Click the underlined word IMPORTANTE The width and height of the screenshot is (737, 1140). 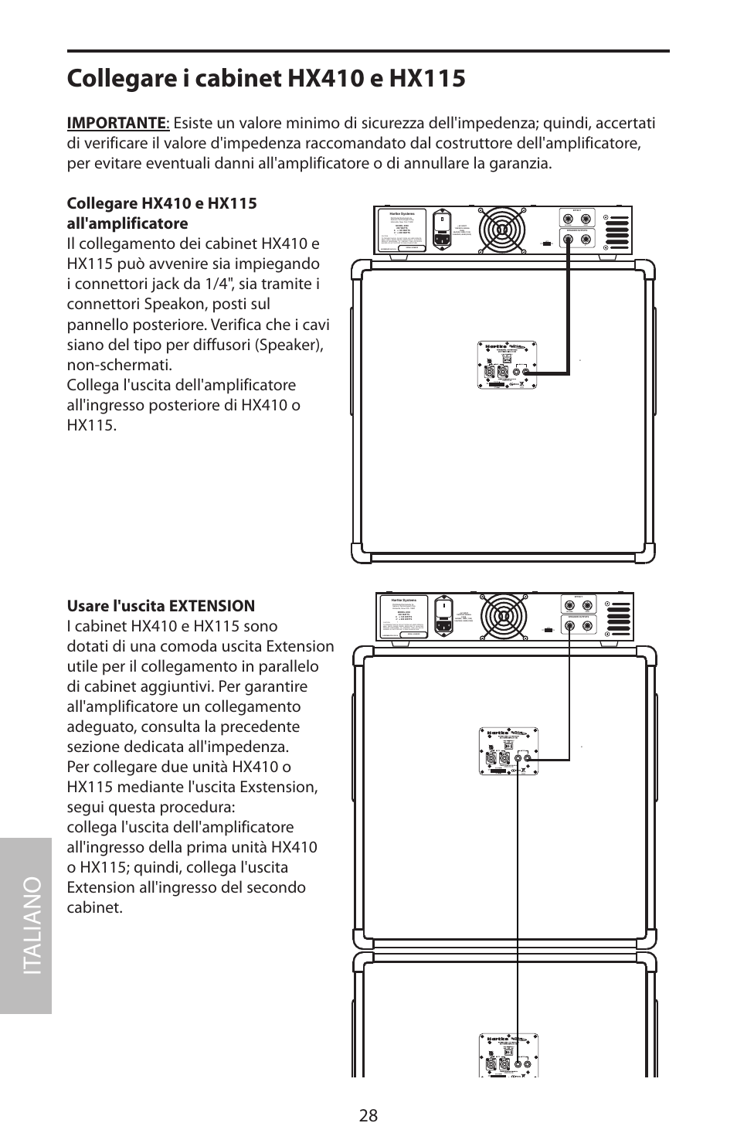[x=116, y=123]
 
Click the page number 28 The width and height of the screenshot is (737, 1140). [x=368, y=1114]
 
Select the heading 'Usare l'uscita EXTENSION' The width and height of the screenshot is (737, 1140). [x=161, y=605]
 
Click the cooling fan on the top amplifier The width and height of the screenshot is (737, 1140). [x=503, y=230]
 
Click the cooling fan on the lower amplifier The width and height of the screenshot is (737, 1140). [x=503, y=617]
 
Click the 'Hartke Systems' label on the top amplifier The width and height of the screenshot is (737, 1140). [x=399, y=213]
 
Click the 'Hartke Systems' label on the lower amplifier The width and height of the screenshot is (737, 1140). [x=399, y=600]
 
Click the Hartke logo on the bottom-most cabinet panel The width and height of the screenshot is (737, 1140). [x=495, y=1039]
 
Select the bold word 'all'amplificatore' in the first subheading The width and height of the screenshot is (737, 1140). [x=127, y=223]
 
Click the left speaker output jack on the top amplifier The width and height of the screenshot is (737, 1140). [x=570, y=239]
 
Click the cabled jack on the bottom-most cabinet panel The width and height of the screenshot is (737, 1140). [x=515, y=1065]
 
